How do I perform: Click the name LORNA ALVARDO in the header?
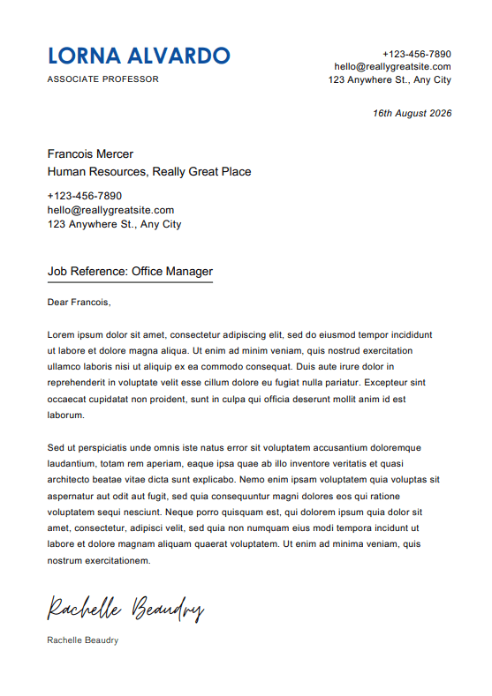click(139, 56)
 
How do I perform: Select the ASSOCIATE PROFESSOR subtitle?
click(103, 79)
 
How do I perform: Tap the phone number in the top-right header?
click(416, 54)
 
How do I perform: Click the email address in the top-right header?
click(392, 67)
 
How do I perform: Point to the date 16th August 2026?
click(412, 114)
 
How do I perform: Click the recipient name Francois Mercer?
click(90, 154)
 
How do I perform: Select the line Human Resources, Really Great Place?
click(149, 172)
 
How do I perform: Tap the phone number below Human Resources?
click(85, 196)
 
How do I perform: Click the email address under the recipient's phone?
click(110, 210)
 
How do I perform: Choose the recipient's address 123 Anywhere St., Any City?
click(114, 224)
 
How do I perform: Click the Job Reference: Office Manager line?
click(130, 272)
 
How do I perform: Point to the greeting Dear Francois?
click(79, 303)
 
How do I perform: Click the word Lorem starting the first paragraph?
click(60, 335)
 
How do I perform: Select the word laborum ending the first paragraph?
click(65, 415)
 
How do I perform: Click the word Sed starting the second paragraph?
click(57, 447)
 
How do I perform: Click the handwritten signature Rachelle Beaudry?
click(125, 609)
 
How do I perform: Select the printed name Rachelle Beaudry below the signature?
click(83, 640)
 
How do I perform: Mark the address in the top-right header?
click(390, 80)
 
